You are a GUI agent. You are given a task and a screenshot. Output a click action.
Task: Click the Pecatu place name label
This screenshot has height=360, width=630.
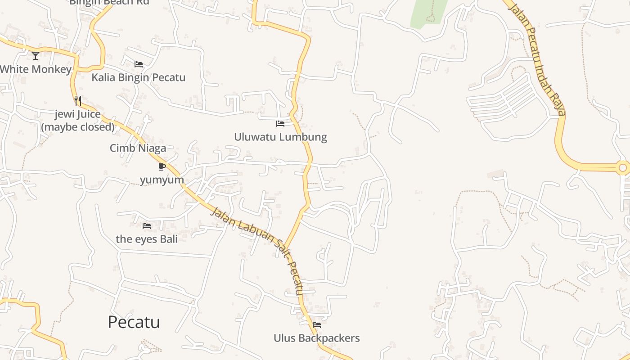coord(134,322)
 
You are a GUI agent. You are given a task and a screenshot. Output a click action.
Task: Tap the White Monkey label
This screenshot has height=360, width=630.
coord(36,69)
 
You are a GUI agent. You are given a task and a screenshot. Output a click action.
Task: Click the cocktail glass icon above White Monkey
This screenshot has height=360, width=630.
coord(36,56)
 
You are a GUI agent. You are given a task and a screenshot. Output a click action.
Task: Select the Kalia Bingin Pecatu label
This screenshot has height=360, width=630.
coord(138,77)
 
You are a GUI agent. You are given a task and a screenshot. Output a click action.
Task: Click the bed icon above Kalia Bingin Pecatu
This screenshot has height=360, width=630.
coord(139,64)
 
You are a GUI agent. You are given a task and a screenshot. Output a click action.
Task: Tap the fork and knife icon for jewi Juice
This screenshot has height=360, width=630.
coord(78,100)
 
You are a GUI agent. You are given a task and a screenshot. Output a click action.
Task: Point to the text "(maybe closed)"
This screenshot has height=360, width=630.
coord(78,127)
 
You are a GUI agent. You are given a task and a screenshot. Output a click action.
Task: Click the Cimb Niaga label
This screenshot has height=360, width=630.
coord(138,148)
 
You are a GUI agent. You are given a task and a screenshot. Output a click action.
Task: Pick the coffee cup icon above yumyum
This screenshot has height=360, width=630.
coord(162,167)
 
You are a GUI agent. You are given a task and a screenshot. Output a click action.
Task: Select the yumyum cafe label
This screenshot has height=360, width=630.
coord(162,180)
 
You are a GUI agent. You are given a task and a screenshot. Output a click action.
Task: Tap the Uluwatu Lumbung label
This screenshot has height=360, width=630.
coord(280,137)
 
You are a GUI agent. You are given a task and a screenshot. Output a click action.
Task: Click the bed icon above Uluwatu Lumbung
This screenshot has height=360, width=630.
coord(280,123)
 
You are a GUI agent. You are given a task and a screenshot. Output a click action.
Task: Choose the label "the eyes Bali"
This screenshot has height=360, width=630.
coord(147,239)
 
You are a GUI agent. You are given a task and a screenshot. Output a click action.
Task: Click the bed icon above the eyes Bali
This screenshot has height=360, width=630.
coord(147,226)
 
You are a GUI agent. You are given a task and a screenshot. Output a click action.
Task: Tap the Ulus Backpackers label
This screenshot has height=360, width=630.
coord(317,338)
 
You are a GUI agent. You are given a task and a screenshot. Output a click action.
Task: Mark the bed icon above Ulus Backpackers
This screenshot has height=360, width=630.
coord(317,324)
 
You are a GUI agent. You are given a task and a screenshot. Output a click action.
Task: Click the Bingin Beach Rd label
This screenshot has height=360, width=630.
coord(109,2)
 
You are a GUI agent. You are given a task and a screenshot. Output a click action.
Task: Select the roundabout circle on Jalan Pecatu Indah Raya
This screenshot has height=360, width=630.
coord(623,168)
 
